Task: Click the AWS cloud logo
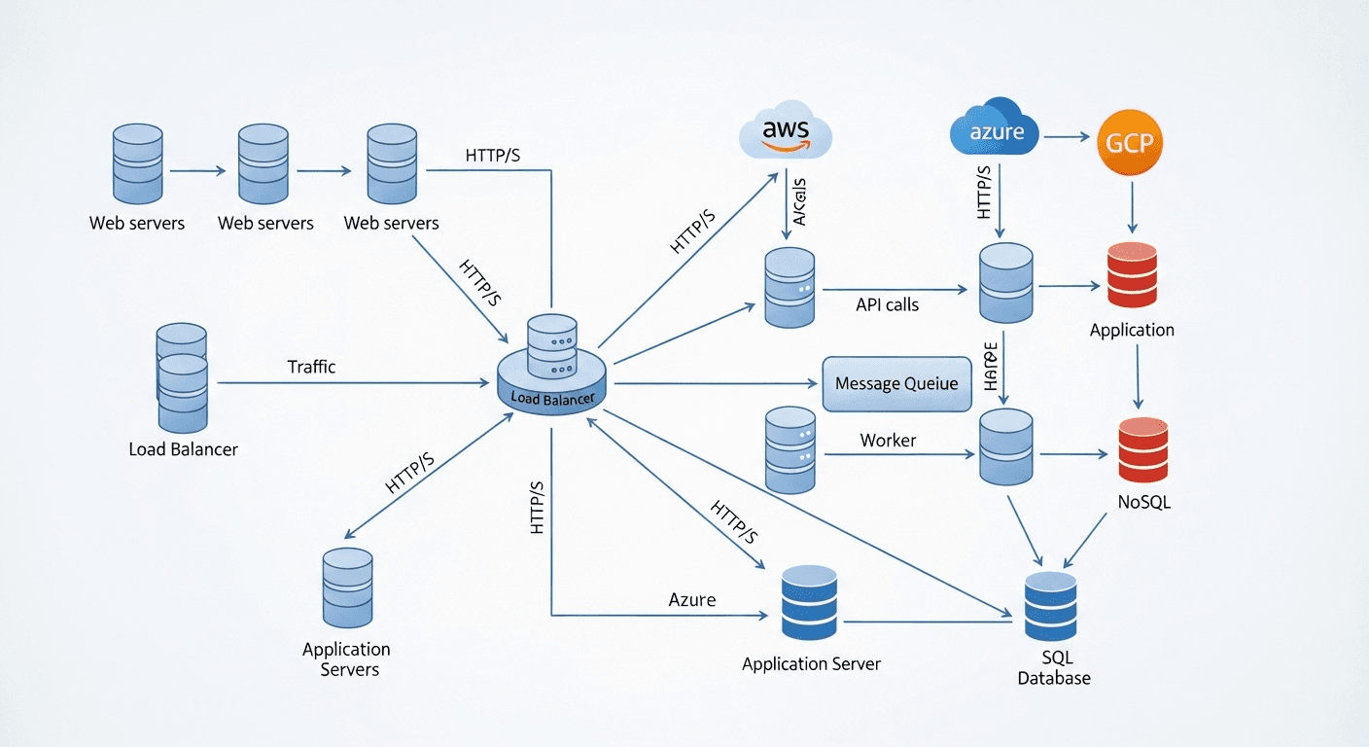tap(786, 132)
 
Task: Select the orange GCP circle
tap(1130, 142)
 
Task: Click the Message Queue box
tap(896, 383)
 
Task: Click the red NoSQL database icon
tap(1142, 449)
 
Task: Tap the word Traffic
tap(311, 367)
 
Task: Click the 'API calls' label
tap(887, 304)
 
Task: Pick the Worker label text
tap(888, 441)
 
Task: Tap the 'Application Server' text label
tap(811, 664)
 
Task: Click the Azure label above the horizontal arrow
tap(692, 600)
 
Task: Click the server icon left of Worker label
tap(790, 449)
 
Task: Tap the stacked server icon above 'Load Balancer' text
tap(182, 378)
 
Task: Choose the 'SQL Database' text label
tap(1054, 668)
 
